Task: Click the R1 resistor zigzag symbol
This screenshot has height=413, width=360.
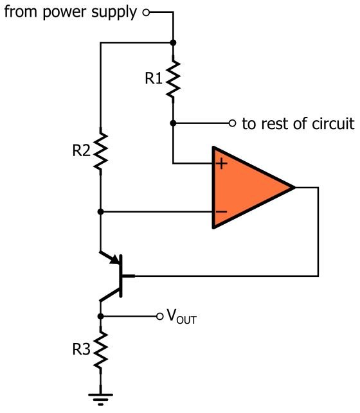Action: click(x=173, y=79)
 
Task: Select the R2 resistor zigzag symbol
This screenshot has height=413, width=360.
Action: click(x=100, y=152)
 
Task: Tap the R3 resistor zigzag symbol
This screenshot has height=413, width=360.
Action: click(x=100, y=350)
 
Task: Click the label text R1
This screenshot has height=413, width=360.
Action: click(x=154, y=78)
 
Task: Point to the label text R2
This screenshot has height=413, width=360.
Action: click(x=81, y=151)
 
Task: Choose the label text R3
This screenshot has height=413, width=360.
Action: click(x=81, y=349)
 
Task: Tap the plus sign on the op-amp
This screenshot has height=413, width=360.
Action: click(x=222, y=164)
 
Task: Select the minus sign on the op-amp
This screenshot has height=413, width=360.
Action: click(x=221, y=211)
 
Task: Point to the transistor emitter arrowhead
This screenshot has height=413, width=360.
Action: click(x=115, y=259)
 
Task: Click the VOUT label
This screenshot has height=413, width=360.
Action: click(x=182, y=317)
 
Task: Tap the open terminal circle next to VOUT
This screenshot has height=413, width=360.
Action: click(x=159, y=317)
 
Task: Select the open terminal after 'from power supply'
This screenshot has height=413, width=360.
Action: click(x=146, y=12)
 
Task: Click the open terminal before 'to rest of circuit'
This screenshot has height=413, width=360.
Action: click(x=232, y=123)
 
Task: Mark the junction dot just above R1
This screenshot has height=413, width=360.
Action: click(x=173, y=42)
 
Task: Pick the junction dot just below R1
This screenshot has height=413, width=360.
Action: click(x=173, y=123)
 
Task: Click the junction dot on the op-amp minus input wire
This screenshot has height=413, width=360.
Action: click(x=100, y=211)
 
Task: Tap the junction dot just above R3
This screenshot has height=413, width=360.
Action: click(x=100, y=317)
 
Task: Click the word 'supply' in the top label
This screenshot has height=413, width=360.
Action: click(x=114, y=13)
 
